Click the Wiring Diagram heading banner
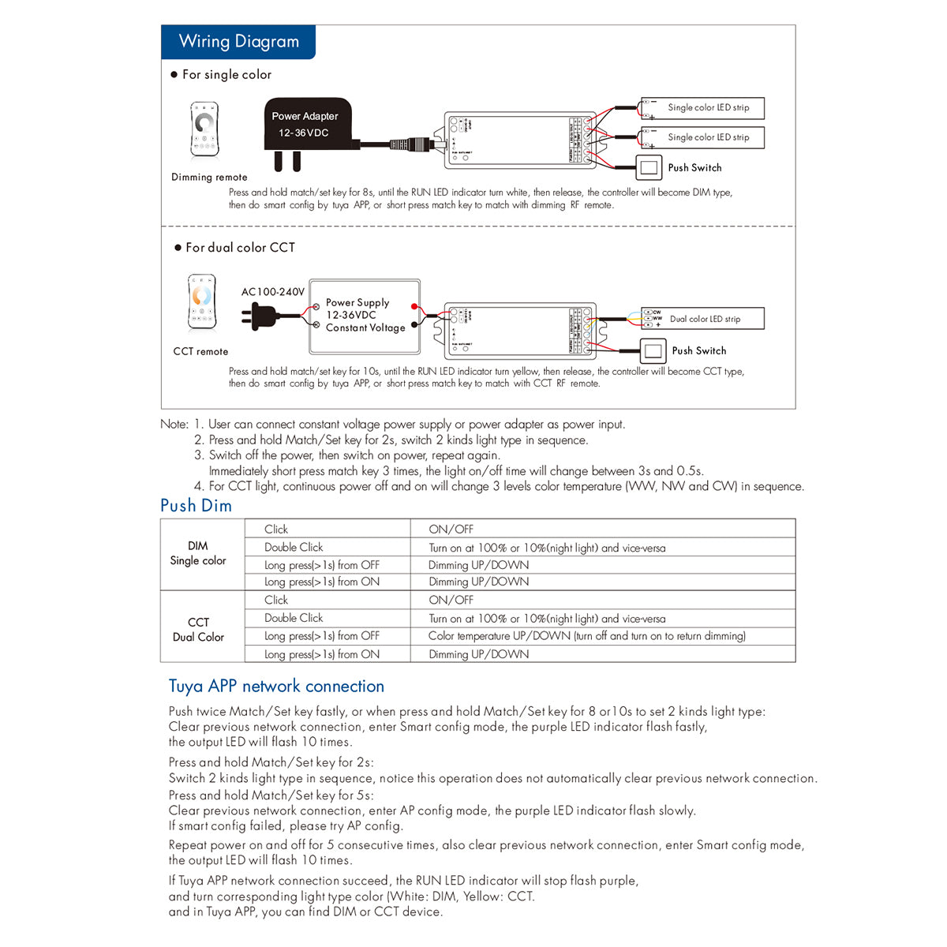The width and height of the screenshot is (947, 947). coord(238,42)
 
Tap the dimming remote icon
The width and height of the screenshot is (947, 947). coord(204,129)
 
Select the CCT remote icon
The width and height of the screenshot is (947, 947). coord(202,303)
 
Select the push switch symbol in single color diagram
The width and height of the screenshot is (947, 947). coord(649,167)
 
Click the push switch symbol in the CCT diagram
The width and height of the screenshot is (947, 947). coord(652,350)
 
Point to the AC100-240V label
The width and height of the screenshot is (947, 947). coord(272,292)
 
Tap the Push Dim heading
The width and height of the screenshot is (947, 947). coord(196,506)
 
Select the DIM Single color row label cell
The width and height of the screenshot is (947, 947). coord(198,553)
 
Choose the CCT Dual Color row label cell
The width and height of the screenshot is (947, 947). coord(198,629)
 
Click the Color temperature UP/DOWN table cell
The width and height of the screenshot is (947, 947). coord(586,636)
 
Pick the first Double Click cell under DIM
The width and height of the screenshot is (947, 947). coord(294,547)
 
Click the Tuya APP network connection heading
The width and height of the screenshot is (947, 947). coord(276,687)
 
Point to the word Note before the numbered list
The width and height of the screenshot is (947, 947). coord(174,425)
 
